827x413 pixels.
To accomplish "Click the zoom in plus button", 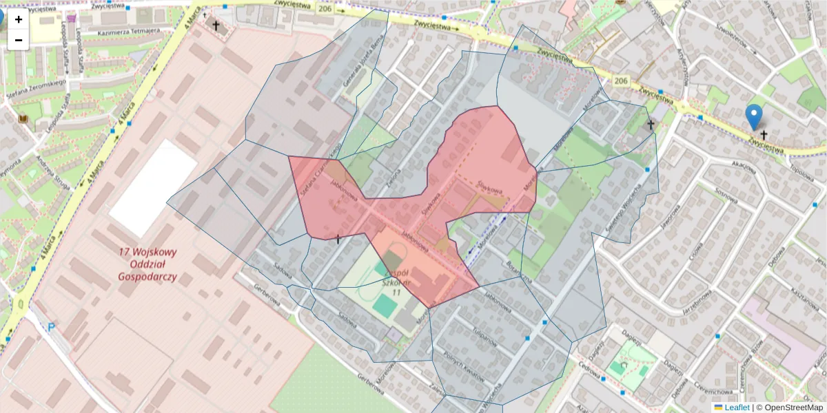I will pos(19,19).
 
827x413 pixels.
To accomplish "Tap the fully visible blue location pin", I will pos(755,116).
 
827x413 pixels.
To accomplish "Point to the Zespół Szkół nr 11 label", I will pos(392,282).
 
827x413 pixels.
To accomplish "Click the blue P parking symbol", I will pos(50,328).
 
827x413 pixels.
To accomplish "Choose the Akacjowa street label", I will pos(744,165).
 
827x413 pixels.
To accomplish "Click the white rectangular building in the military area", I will pos(154,188).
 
